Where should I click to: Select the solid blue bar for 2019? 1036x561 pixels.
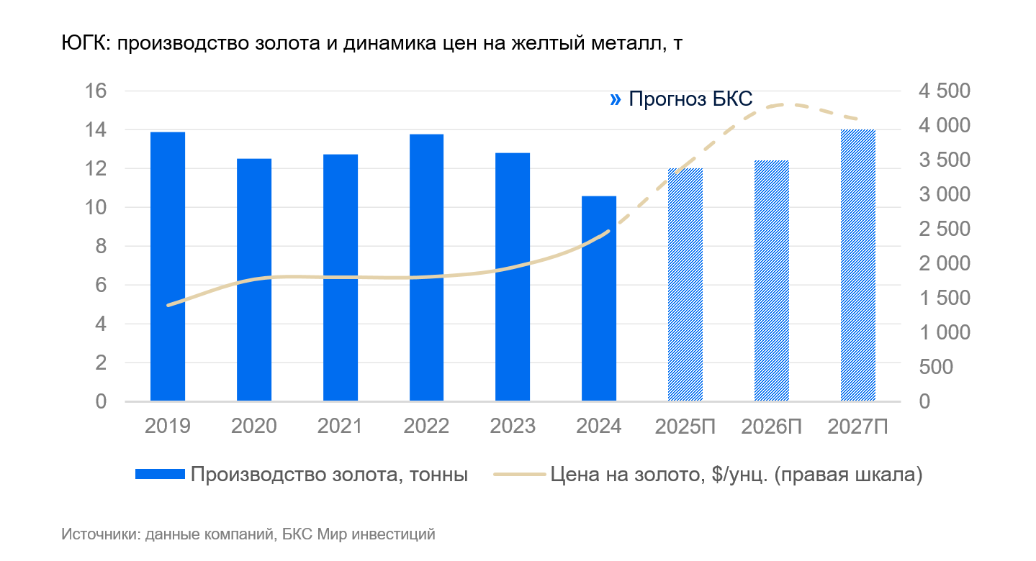168,266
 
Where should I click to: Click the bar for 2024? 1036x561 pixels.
599,298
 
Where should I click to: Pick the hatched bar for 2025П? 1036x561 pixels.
685,284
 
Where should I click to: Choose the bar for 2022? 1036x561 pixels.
427,267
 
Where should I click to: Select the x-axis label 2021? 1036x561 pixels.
340,427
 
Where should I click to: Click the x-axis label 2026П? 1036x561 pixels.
772,427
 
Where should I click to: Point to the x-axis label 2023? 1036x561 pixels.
513,427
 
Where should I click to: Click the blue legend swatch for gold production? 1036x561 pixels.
160,475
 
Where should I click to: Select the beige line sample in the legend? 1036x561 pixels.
518,475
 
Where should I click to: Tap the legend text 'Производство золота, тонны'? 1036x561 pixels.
330,475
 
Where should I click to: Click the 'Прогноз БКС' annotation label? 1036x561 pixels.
690,99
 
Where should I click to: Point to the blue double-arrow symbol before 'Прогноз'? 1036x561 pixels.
615,99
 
